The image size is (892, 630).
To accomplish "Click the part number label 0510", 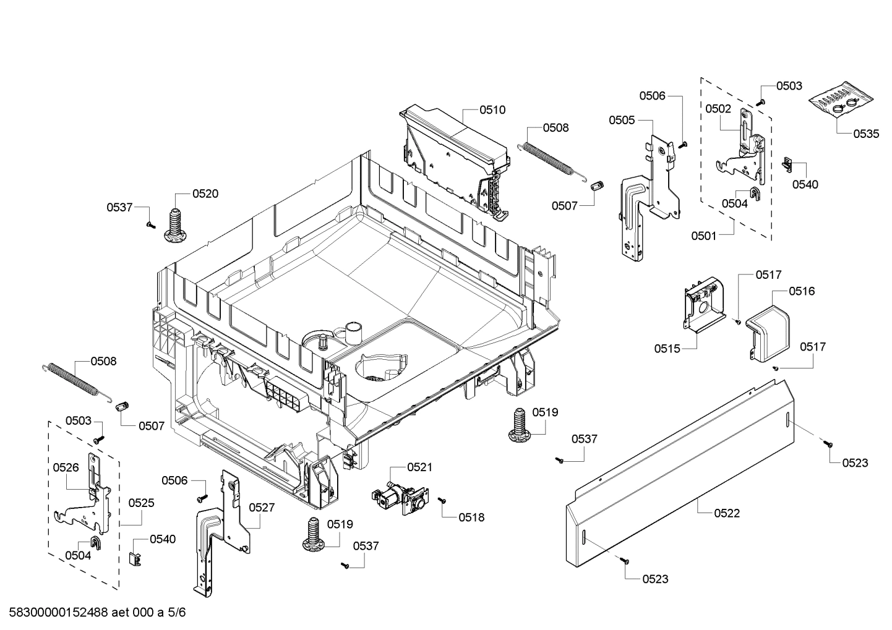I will [492, 110].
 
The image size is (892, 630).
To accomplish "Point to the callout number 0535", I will [865, 134].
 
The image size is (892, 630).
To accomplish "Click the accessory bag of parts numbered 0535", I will [842, 102].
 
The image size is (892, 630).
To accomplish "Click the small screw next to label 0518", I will [442, 500].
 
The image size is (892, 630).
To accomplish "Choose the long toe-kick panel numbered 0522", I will [680, 476].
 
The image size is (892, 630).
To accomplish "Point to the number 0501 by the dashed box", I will [704, 236].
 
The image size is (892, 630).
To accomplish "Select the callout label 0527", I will [262, 508].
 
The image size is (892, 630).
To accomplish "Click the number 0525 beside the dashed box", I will [141, 503].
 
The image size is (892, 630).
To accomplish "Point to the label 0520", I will [205, 194].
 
